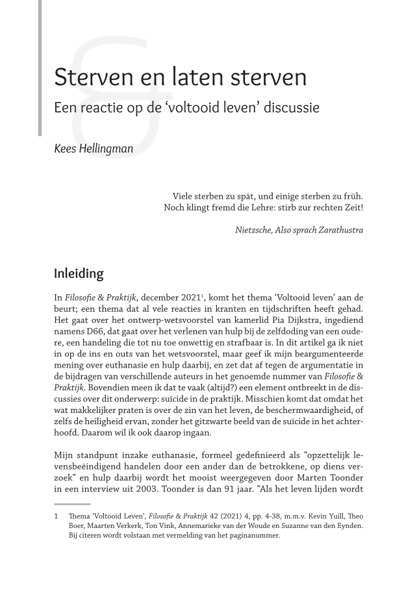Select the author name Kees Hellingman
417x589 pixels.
[x=94, y=149]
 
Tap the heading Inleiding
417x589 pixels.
[x=79, y=273]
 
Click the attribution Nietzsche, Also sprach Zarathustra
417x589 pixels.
[x=299, y=230]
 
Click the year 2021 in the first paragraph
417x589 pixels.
[x=186, y=297]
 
